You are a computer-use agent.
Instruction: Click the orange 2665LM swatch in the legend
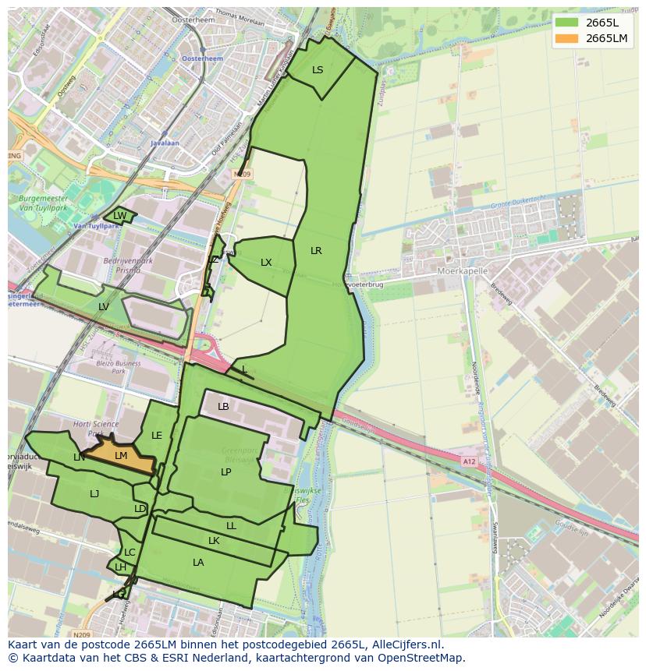tap(568, 38)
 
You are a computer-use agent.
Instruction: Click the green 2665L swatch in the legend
tap(568, 22)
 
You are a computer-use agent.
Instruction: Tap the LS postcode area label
tap(318, 70)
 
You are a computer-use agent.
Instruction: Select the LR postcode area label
tap(316, 251)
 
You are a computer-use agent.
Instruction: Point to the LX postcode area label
tap(266, 263)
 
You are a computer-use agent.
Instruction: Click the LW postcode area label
tap(119, 216)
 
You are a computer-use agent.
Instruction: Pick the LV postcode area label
tap(104, 307)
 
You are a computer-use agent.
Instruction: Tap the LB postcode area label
tap(223, 407)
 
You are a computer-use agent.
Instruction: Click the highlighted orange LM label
tap(121, 456)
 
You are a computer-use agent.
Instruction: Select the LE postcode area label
tap(157, 436)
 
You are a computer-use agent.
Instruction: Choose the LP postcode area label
tap(225, 472)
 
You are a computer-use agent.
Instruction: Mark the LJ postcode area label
tap(94, 494)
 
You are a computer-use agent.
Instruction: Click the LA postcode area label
tap(198, 563)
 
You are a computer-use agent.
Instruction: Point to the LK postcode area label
tap(214, 541)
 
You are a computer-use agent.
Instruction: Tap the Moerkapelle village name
tap(463, 271)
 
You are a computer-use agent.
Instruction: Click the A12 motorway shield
tap(469, 461)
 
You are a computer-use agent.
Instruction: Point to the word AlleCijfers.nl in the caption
tap(406, 645)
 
